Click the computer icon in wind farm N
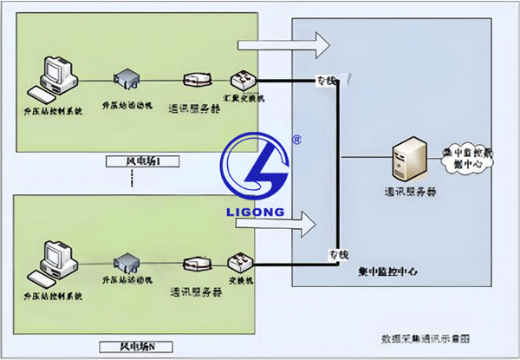point(53,259)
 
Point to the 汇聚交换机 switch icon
point(240,81)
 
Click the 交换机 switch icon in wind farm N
point(239,261)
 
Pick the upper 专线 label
point(326,81)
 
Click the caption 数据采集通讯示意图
point(426,337)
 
